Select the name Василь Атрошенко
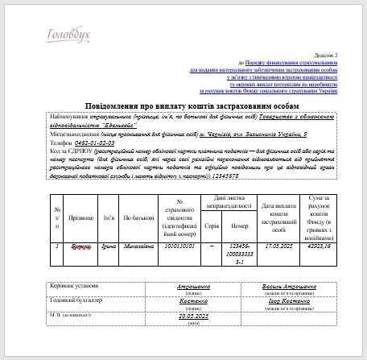pos(285,286)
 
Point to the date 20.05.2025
pos(194,316)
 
